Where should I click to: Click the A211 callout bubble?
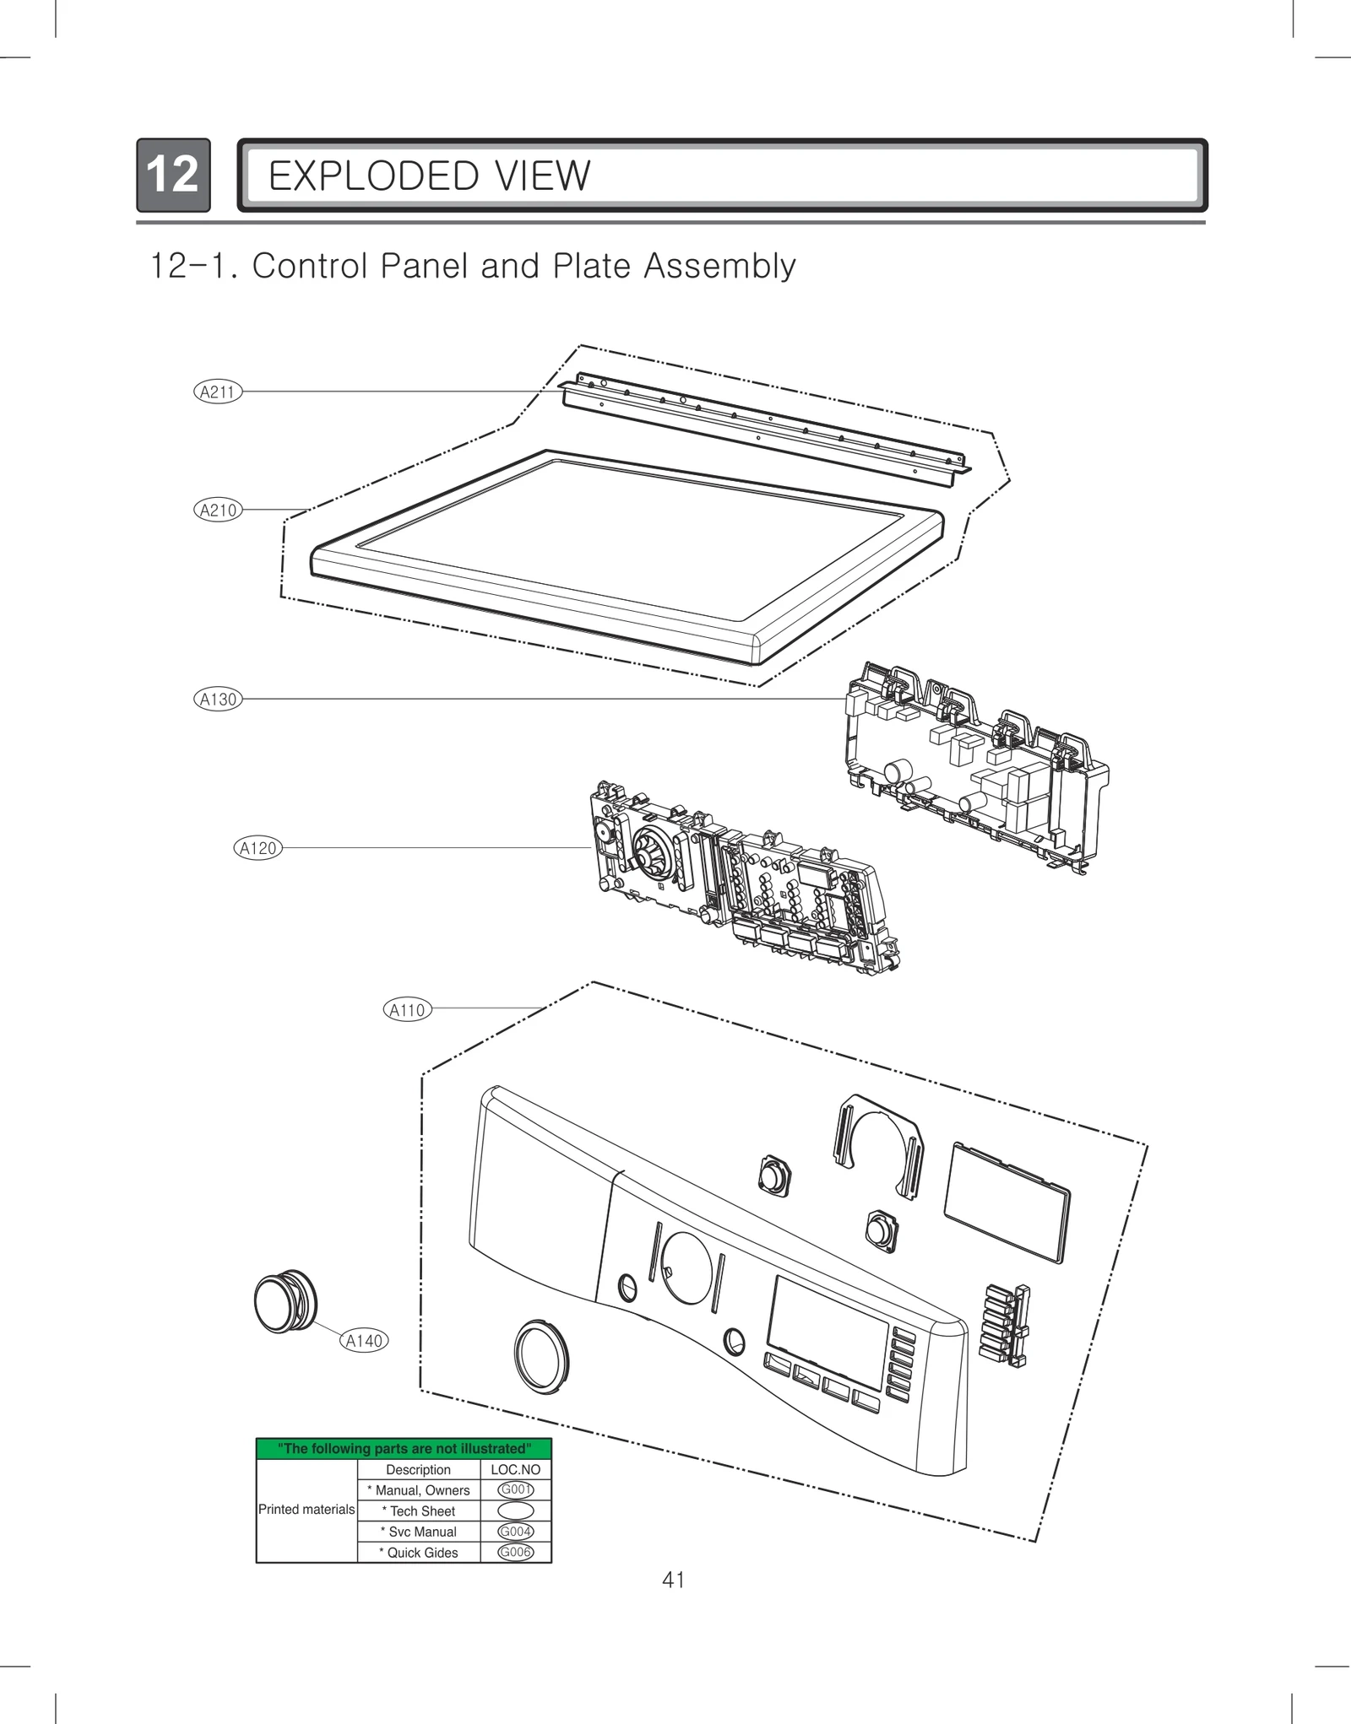(x=217, y=392)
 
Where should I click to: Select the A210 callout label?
(x=217, y=510)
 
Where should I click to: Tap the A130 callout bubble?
(x=217, y=699)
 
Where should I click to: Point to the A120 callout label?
(x=258, y=848)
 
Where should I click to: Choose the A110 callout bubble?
(x=407, y=1009)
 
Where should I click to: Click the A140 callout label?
(x=364, y=1341)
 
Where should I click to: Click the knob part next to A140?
(x=285, y=1301)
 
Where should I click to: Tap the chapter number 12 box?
(x=173, y=175)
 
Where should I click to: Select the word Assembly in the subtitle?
(x=719, y=266)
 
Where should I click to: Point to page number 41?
(x=673, y=1580)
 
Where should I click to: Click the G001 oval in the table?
(x=515, y=1490)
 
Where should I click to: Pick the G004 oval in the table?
(x=515, y=1532)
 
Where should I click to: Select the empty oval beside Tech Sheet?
(x=515, y=1511)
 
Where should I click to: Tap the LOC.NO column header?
(x=515, y=1469)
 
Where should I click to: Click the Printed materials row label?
(x=307, y=1510)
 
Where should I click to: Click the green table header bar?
(x=404, y=1449)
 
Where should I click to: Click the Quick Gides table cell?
(x=419, y=1553)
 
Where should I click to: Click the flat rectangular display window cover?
(x=1006, y=1202)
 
